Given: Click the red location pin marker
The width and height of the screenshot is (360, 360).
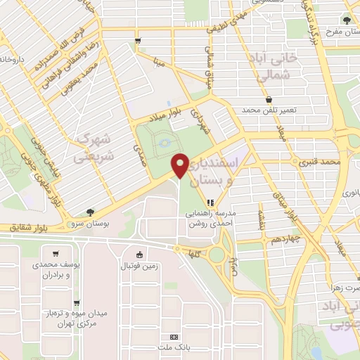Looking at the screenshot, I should pos(181,166).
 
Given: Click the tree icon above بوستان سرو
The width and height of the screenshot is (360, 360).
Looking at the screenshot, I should pos(91,212).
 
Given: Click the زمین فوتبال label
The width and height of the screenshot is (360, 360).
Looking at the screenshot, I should pos(143,268).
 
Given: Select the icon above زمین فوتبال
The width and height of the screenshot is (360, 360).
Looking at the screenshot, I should pos(140,255).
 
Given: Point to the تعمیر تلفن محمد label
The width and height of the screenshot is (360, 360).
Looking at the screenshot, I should pos(270,111).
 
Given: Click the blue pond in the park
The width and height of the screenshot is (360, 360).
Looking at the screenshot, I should pos(164,143).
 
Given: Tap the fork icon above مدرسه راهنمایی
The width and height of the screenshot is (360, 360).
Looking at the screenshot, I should pos(209,202).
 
